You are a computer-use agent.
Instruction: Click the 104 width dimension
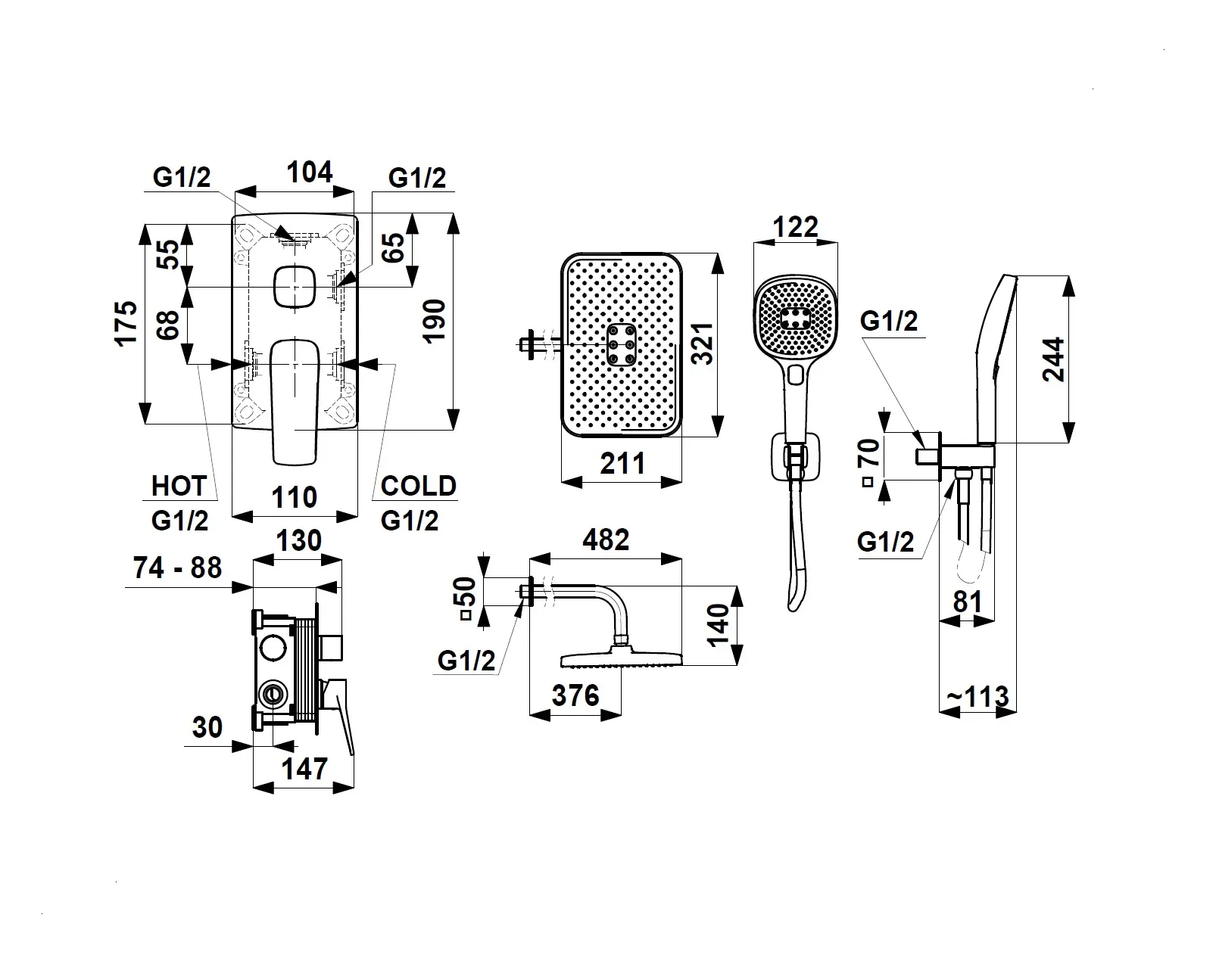tap(309, 173)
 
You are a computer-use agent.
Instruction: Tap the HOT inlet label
tap(179, 486)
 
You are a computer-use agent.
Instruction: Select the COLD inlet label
tap(418, 486)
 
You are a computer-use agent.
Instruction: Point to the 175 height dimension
tap(127, 323)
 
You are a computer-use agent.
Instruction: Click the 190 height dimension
tap(434, 321)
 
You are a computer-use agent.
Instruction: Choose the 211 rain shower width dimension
tap(622, 463)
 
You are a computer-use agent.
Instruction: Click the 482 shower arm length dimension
tap(606, 540)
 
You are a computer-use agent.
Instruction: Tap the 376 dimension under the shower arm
tap(575, 695)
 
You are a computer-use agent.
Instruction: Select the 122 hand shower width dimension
tap(797, 226)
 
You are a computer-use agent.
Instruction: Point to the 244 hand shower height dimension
tap(1053, 359)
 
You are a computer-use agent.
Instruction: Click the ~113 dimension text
tap(977, 696)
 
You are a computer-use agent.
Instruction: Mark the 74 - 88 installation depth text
tap(177, 568)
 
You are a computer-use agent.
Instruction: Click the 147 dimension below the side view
tap(304, 769)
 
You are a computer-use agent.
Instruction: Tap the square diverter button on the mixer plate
tap(294, 287)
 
